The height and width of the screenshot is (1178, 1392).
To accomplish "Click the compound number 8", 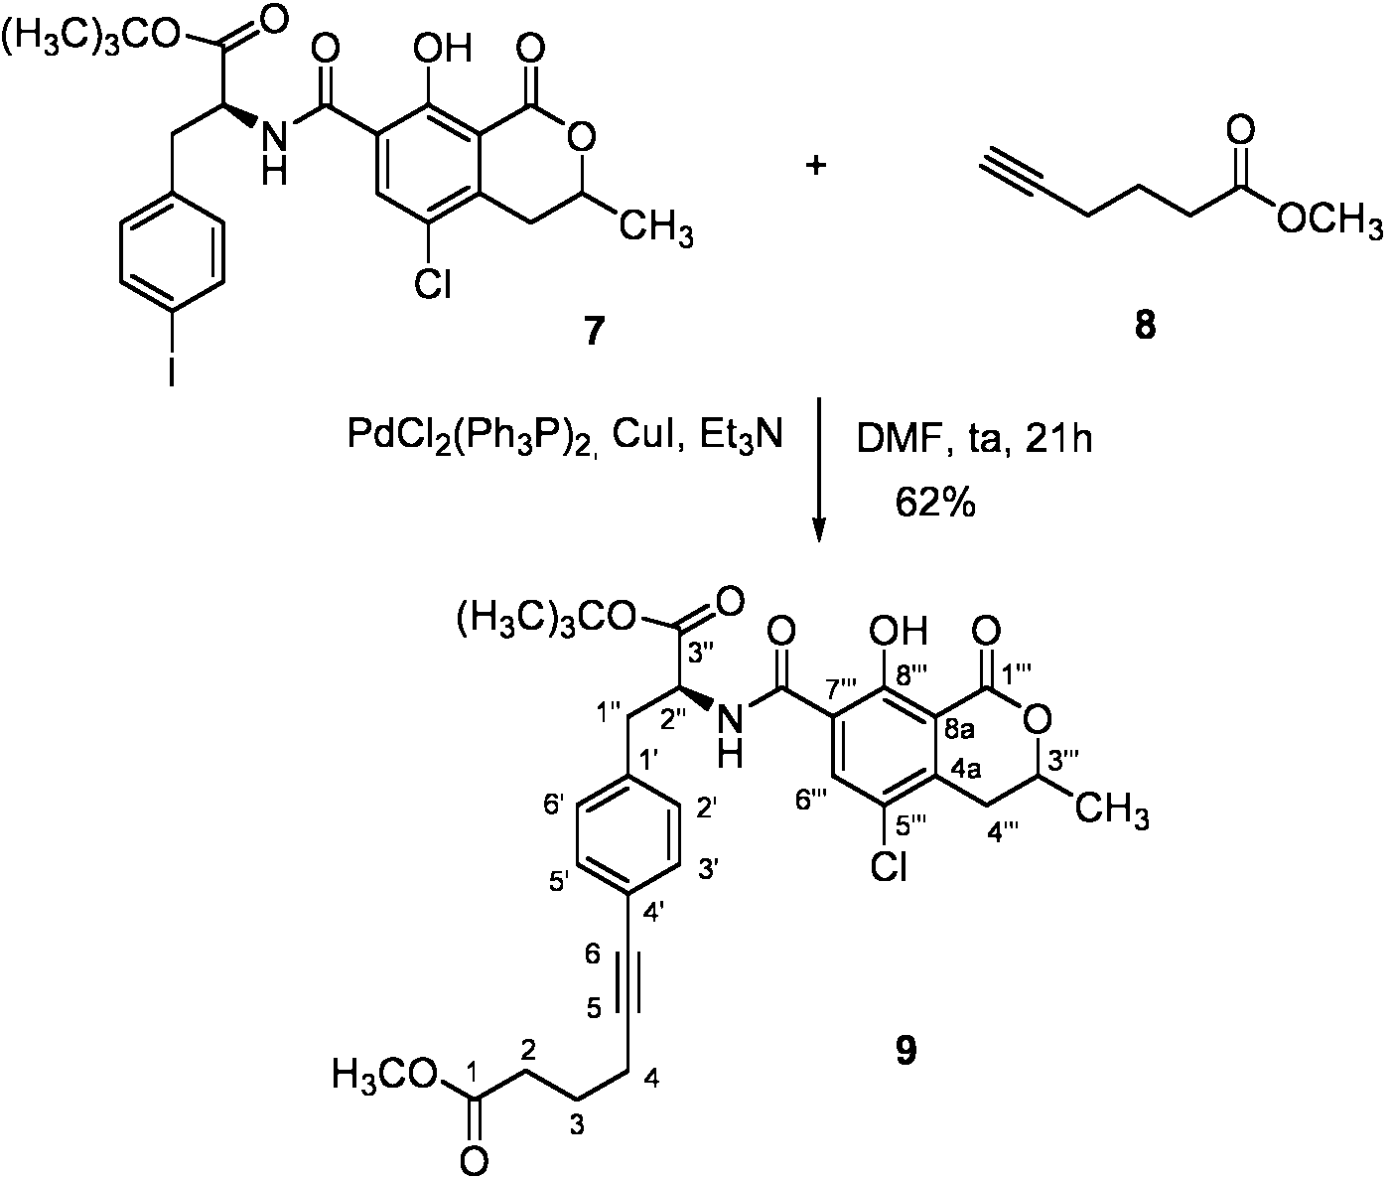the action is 1145,326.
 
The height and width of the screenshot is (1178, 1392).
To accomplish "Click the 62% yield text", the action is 935,502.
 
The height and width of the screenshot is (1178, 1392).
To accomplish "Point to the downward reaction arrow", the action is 818,470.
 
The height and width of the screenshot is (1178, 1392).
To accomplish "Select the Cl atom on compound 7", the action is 432,283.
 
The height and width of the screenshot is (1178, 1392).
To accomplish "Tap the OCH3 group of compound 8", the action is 1329,218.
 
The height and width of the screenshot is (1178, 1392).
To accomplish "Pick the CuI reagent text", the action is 645,435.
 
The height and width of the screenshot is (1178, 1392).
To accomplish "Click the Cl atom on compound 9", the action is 889,866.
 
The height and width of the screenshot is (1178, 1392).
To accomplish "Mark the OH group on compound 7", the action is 443,49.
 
